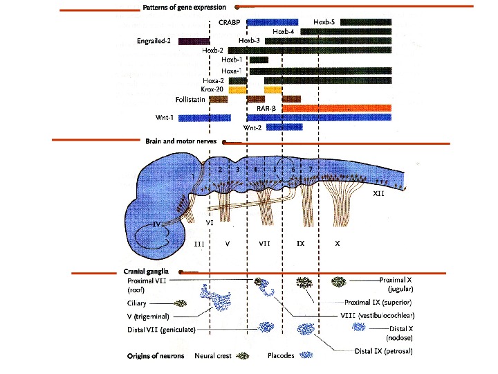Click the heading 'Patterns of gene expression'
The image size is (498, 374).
[x=185, y=8]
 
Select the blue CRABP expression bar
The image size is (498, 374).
[x=272, y=23]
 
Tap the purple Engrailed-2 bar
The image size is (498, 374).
[x=193, y=41]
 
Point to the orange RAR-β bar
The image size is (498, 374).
[x=335, y=108]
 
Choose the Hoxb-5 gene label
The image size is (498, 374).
[x=324, y=22]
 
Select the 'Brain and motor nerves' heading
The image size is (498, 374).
[x=181, y=141]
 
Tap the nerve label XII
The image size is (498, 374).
[x=378, y=195]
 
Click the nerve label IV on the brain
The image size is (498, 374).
[x=158, y=225]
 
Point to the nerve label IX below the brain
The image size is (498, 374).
[x=300, y=244]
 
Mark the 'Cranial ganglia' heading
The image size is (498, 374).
[x=149, y=271]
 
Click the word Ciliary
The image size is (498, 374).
[x=138, y=303]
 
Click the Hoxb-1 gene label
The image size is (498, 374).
[x=232, y=60]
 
